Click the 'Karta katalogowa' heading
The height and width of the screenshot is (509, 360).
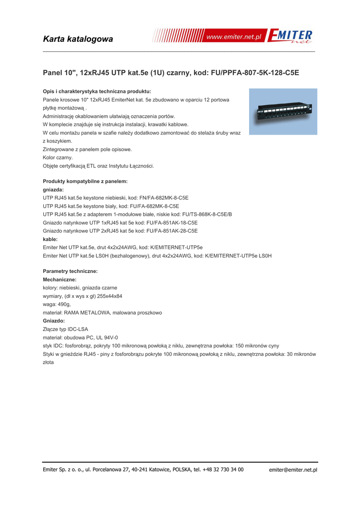pyautogui.click(x=78, y=39)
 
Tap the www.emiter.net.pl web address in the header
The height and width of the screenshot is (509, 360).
pyautogui.click(x=233, y=38)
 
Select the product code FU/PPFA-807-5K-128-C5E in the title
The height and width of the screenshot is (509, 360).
pyautogui.click(x=255, y=73)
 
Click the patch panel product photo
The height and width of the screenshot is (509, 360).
pyautogui.click(x=283, y=111)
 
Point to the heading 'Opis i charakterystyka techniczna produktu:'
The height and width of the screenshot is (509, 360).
pyautogui.click(x=97, y=91)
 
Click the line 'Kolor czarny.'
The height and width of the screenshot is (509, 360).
pyautogui.click(x=58, y=158)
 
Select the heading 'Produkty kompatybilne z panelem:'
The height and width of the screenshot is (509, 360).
pyautogui.click(x=85, y=181)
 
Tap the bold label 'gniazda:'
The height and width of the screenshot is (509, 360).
pyautogui.click(x=54, y=189)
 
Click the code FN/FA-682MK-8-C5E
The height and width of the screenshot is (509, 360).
pyautogui.click(x=161, y=198)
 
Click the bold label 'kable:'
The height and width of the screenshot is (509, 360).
pyautogui.click(x=50, y=239)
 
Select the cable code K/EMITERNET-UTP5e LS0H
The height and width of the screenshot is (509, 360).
pyautogui.click(x=238, y=255)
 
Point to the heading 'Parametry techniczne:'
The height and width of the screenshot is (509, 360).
pyautogui.click(x=70, y=271)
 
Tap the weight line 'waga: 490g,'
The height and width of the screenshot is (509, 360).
pyautogui.click(x=57, y=304)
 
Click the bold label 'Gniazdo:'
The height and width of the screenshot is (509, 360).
pyautogui.click(x=54, y=321)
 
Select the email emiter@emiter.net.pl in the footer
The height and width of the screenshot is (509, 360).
pyautogui.click(x=293, y=470)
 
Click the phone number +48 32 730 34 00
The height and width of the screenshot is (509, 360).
pyautogui.click(x=223, y=469)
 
